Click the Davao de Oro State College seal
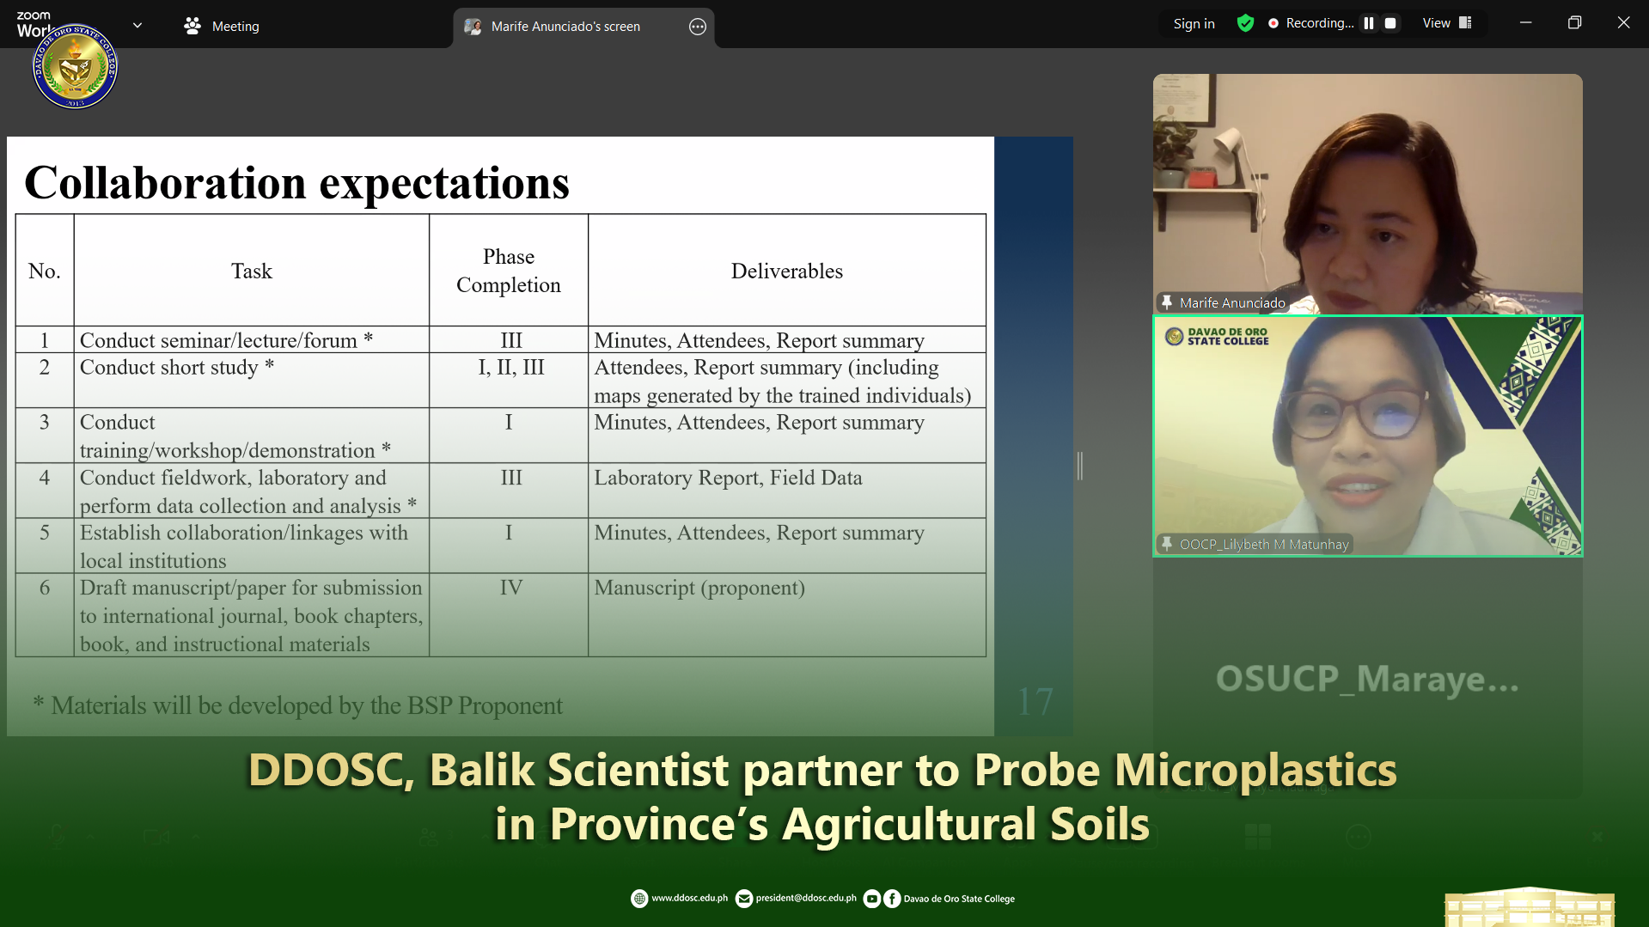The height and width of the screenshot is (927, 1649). tap(76, 66)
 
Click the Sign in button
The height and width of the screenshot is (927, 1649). tap(1194, 24)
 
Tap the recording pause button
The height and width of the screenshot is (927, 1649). tap(1369, 23)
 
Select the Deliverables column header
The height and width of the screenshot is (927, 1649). tap(786, 271)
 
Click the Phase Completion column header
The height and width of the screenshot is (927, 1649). tap(509, 271)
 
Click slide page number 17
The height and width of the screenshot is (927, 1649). tap(1035, 702)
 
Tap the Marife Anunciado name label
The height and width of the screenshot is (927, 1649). tap(1231, 302)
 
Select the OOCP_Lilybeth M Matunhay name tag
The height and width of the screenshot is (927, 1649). tap(1263, 544)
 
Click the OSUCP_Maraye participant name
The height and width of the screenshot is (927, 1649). tap(1366, 679)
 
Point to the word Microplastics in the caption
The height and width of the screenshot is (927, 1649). tap(1255, 770)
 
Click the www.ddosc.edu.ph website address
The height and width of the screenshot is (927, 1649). tap(689, 899)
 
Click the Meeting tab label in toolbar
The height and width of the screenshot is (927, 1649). tap(235, 27)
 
